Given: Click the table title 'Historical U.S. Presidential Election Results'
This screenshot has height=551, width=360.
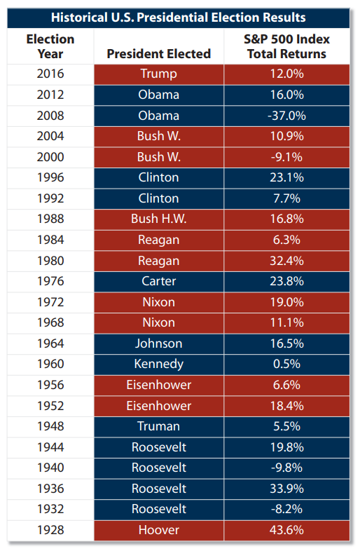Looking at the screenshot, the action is point(179,18).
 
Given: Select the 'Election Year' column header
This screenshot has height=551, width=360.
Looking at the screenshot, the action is point(50,46).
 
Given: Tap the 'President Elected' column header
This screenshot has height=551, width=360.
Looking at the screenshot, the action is point(159,54).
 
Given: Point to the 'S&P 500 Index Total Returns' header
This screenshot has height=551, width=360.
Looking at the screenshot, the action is point(286,46).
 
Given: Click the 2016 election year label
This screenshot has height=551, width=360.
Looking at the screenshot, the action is point(50,74).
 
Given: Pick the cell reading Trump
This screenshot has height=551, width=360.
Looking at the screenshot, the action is point(159,74).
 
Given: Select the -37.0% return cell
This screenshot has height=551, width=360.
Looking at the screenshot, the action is point(287,116).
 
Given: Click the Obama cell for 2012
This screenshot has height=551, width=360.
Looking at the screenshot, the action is point(159,95).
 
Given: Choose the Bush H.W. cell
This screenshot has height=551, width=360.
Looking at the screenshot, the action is point(159,219).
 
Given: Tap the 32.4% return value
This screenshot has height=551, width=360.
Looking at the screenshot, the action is point(287,261).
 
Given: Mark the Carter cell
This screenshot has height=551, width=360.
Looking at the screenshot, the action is point(159,282).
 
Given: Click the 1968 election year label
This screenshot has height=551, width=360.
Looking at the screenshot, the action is point(50,322).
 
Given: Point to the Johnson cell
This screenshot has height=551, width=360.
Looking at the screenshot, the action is point(159,343).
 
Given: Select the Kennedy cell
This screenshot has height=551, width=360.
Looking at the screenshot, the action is point(159,364).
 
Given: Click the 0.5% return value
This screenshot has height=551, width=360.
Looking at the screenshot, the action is point(287,364).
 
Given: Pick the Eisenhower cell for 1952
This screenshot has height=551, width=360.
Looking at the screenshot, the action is point(159,406).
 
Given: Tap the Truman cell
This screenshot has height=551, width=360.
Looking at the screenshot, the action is point(159,426).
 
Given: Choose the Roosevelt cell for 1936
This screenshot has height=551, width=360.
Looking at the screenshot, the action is point(159,489).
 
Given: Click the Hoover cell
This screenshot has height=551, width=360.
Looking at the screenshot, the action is point(159,530).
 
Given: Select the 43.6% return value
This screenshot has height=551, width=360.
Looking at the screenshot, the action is point(287,530).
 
